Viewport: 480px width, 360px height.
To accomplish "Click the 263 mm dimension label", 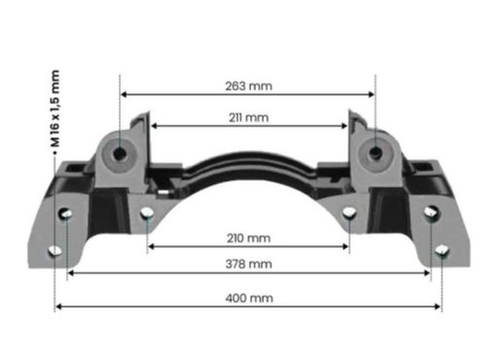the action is (x=248, y=87).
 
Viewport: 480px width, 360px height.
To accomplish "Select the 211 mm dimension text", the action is (x=248, y=118).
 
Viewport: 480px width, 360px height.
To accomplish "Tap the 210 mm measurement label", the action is (x=248, y=238).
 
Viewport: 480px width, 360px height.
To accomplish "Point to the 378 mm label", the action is (x=248, y=264).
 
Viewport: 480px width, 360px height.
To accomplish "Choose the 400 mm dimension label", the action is (x=249, y=298).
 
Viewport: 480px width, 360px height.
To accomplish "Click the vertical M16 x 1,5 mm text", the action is (x=55, y=109).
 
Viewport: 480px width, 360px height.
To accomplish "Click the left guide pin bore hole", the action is (x=120, y=153).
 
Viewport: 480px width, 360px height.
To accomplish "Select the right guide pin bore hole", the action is (x=376, y=152).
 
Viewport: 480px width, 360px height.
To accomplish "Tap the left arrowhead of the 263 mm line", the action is (x=124, y=94).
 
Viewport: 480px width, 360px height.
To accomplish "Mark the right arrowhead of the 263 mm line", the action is (x=372, y=94).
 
